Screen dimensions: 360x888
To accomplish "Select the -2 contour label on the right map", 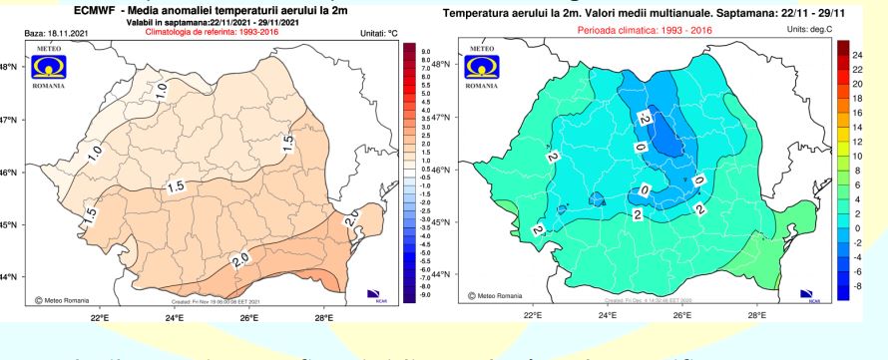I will pyautogui.click(x=645, y=119).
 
